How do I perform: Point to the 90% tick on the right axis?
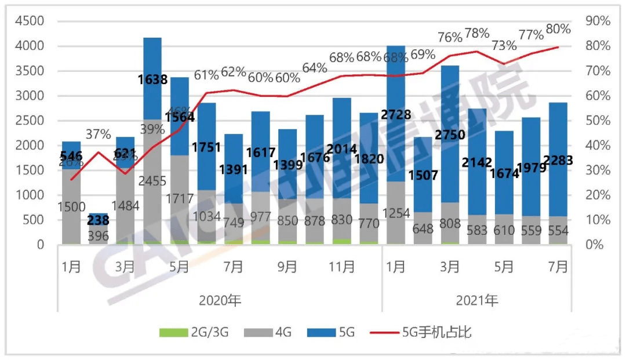click(598, 21)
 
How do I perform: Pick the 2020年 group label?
click(219, 300)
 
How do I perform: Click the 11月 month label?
click(342, 267)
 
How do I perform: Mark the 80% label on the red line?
click(558, 29)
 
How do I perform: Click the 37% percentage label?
click(99, 134)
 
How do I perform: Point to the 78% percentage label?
click(476, 34)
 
